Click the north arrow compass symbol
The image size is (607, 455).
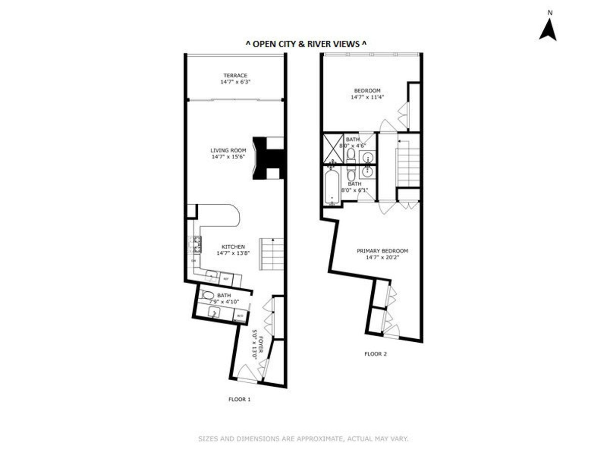[547, 31]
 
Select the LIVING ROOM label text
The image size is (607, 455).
[228, 150]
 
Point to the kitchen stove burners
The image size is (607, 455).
[195, 245]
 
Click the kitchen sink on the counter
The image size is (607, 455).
[212, 276]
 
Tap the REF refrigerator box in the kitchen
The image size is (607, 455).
[226, 279]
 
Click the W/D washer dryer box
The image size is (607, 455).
[240, 317]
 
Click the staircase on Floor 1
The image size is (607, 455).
[272, 253]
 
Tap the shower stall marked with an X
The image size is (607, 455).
[333, 148]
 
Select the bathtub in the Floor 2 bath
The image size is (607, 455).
[332, 187]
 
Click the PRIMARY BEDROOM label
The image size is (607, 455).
[382, 251]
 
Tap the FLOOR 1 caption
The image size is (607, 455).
[239, 399]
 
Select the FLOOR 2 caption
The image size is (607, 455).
[375, 354]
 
